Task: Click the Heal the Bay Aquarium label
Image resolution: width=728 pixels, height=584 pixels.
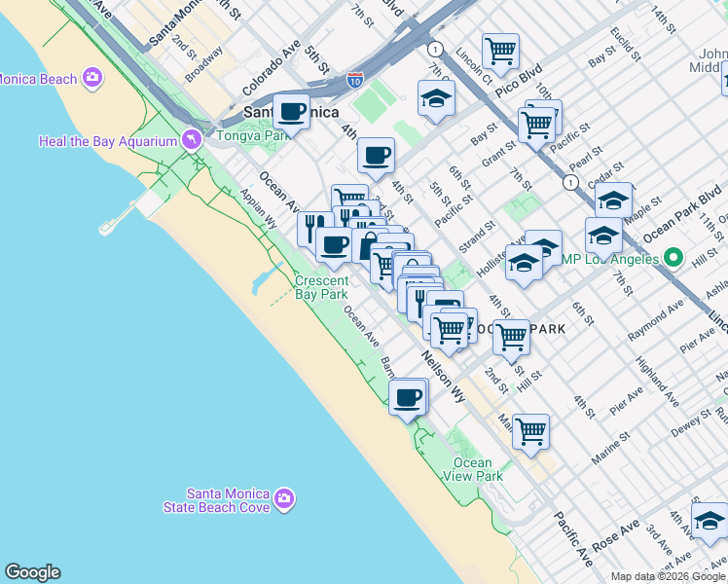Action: click(x=108, y=141)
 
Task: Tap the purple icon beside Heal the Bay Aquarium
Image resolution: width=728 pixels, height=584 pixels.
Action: click(x=192, y=141)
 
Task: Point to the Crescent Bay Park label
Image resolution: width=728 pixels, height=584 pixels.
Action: click(x=321, y=287)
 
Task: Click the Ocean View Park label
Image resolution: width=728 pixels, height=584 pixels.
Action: click(x=478, y=469)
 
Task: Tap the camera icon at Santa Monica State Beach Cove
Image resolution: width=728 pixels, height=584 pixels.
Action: click(x=284, y=499)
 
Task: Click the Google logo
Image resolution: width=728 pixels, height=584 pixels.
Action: click(x=32, y=572)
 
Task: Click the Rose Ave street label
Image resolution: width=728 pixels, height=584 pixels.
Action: click(x=617, y=538)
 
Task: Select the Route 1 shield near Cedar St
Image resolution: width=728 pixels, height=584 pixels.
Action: click(x=569, y=181)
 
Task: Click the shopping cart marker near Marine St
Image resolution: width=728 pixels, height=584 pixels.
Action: click(x=530, y=429)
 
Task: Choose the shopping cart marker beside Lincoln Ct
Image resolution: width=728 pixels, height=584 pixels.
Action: click(x=500, y=50)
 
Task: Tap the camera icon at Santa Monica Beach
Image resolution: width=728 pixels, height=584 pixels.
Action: click(x=93, y=77)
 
